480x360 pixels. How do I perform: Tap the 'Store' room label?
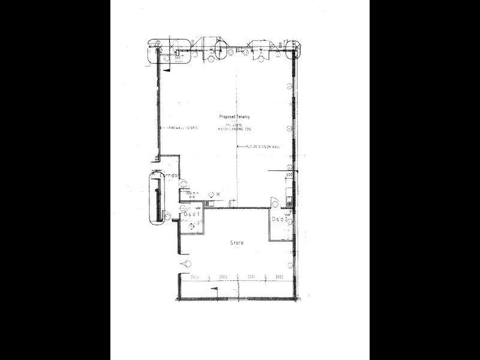click(236, 243)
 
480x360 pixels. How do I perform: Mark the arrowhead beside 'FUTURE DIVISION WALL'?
click(238, 146)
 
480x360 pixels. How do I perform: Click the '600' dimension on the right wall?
click(289, 175)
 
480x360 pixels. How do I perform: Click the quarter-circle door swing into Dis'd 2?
click(274, 203)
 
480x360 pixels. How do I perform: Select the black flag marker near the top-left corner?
click(169, 68)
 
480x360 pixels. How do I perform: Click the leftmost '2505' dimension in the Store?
click(194, 277)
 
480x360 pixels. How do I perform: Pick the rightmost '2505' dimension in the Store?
click(279, 277)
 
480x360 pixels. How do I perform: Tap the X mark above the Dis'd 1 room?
click(218, 194)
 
